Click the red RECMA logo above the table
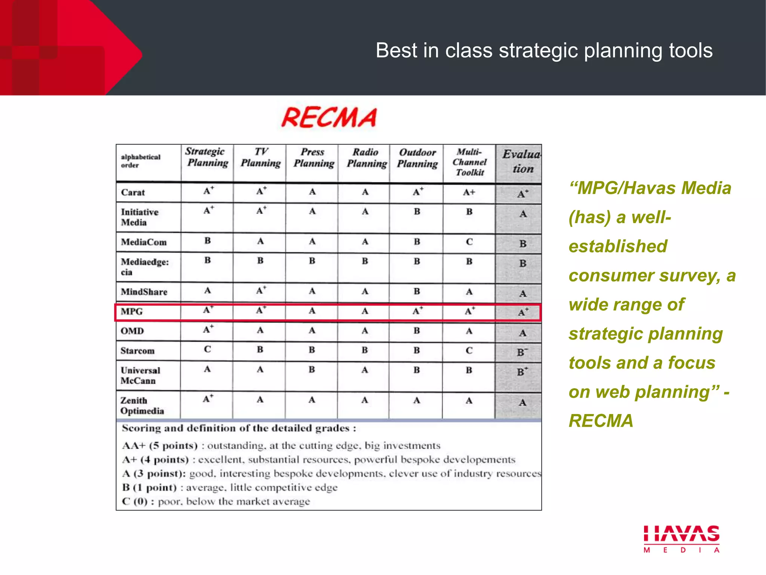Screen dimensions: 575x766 329,118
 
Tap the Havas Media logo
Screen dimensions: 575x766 681,538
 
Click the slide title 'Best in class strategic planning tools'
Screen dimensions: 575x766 544,50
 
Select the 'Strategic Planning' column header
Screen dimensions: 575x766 207,157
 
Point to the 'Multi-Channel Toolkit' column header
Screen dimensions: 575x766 470,162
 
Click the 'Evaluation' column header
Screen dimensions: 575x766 521,161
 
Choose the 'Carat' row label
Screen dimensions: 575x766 133,192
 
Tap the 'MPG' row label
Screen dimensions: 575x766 132,311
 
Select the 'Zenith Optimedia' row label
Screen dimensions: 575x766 142,406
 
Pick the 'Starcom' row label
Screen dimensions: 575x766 137,351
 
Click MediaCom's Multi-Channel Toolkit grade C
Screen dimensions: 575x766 469,242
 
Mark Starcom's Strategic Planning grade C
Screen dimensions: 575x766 208,349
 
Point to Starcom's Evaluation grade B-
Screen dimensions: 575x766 522,352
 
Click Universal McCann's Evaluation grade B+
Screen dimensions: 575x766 522,372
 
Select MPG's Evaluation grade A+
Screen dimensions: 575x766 523,312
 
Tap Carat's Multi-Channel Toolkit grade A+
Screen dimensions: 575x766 469,192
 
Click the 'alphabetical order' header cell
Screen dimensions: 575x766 141,161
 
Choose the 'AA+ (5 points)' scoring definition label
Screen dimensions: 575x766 160,446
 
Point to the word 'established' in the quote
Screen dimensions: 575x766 618,246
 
